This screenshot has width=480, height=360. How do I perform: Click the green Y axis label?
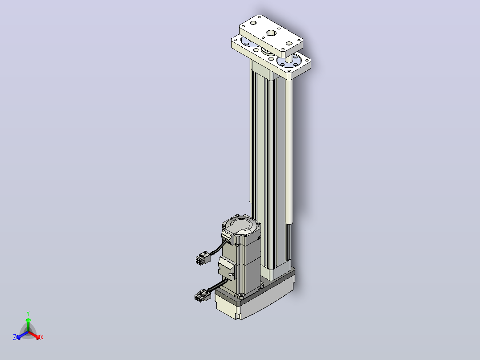tap(28, 313)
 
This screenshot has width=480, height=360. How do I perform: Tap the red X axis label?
tap(42, 337)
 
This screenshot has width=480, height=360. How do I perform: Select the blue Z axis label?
tap(15, 337)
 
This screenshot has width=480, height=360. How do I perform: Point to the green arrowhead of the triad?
tap(28, 320)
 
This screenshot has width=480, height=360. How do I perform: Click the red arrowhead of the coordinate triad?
tap(38, 337)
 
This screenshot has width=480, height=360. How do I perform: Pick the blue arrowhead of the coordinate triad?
tap(19, 337)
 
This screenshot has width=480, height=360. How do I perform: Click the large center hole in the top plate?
tap(271, 33)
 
